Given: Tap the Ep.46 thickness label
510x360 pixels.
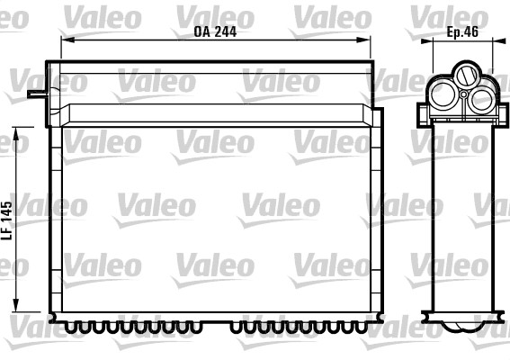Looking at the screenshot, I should pos(463,30).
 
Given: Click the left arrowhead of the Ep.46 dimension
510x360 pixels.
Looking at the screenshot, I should pos(434,41).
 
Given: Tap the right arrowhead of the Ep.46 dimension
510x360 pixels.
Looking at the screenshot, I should pos(494,41).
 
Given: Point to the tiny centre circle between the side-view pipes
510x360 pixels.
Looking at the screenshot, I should pos(464,93).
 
